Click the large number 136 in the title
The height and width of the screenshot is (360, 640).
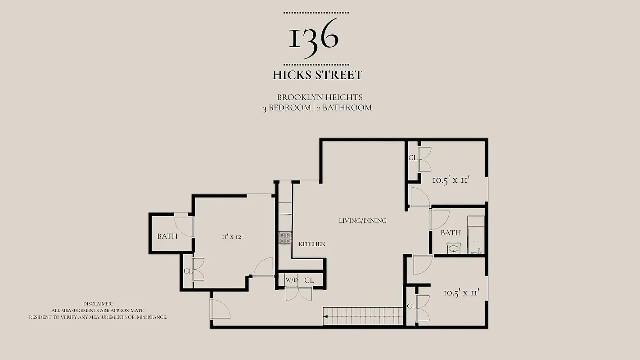point(314,39)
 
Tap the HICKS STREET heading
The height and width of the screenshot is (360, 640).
point(317,75)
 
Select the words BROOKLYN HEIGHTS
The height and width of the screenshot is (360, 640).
point(320,97)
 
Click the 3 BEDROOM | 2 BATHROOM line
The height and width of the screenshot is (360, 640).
point(317,108)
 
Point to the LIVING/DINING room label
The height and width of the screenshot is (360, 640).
point(363,220)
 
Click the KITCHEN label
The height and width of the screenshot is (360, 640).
point(312,244)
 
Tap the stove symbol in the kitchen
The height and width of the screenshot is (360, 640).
point(285,238)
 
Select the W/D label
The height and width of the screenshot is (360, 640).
point(291,280)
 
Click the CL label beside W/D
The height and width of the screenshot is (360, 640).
point(309,280)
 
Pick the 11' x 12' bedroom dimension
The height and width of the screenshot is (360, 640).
point(232,236)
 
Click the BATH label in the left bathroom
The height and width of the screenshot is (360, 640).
point(167,236)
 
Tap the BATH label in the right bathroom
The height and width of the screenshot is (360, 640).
point(451,233)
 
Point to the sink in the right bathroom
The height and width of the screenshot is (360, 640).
point(454,248)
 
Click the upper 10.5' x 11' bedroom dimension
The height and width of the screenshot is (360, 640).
point(451,180)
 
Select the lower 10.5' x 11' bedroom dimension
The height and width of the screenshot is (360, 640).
point(461,292)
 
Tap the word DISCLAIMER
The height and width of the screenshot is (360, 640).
point(98,304)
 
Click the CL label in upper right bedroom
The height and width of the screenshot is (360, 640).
point(413,158)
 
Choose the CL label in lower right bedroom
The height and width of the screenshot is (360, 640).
point(411,306)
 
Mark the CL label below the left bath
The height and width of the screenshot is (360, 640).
point(188,271)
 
